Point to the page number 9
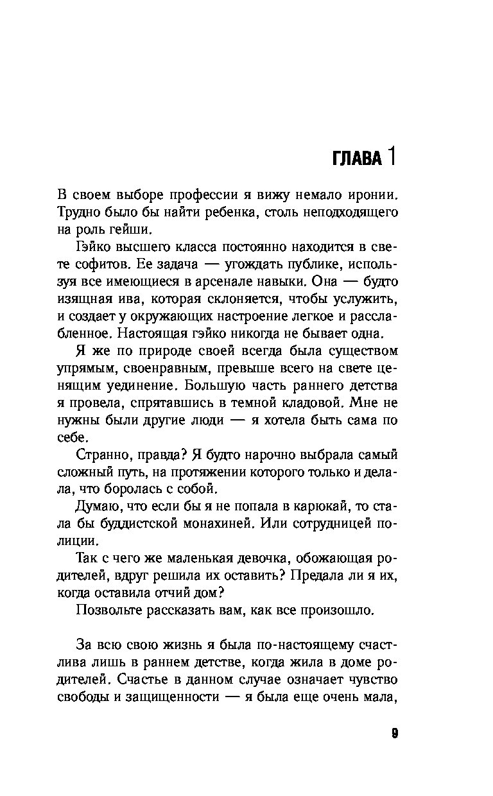(394, 734)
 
